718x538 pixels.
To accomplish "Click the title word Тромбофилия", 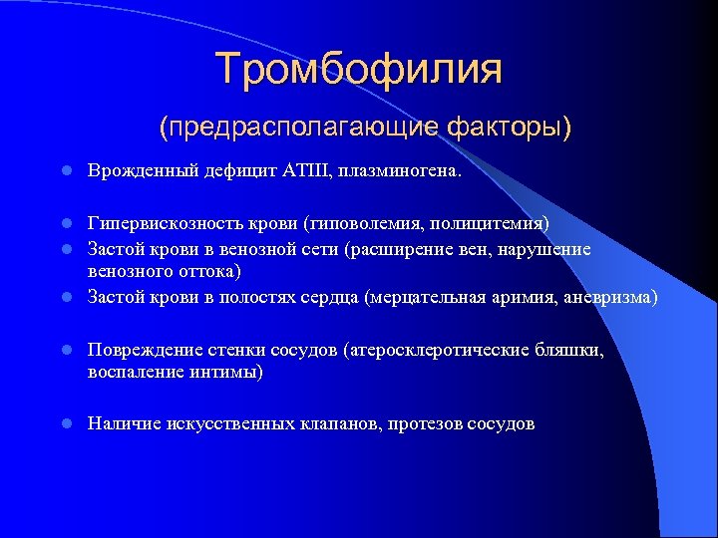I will tap(359, 70).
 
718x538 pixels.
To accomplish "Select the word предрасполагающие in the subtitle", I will tap(300, 128).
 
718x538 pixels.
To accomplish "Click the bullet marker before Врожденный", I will tap(64, 171).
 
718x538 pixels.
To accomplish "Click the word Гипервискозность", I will tap(157, 221).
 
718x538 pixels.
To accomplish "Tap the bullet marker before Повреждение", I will tap(64, 350).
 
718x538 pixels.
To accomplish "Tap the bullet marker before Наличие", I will tap(64, 424).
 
